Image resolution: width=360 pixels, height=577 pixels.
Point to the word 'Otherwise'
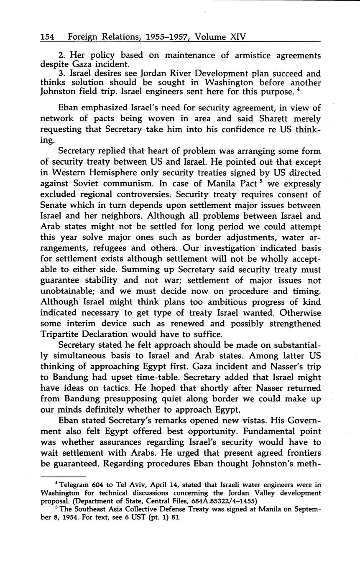(301, 312)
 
